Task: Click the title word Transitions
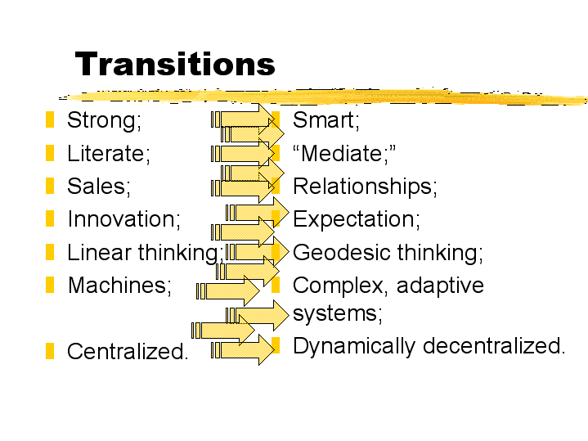click(175, 64)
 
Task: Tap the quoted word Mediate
click(343, 154)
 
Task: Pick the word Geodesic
click(342, 252)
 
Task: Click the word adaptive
click(440, 286)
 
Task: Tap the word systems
click(337, 313)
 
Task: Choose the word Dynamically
click(354, 346)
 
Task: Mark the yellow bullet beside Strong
click(50, 119)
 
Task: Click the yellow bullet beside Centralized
click(50, 351)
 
